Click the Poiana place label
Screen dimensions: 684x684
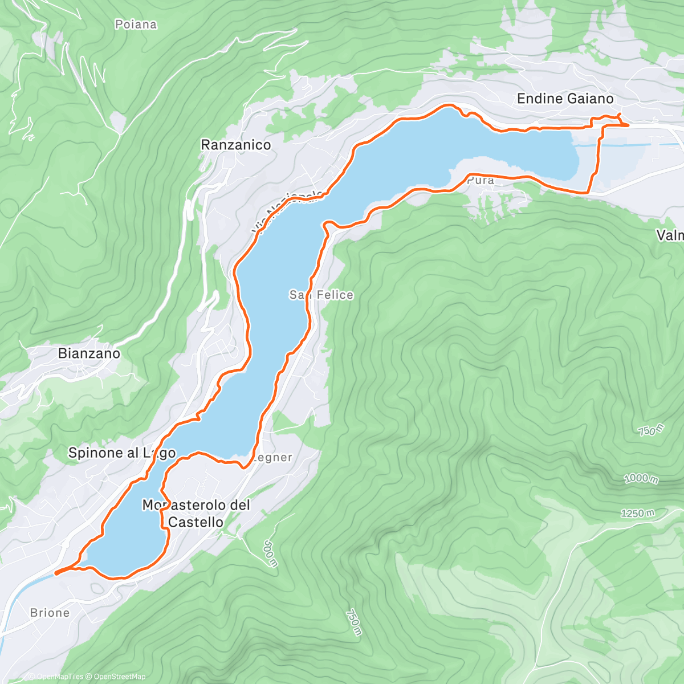coord(136,25)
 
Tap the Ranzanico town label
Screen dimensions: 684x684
coord(236,145)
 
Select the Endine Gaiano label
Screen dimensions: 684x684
coord(565,99)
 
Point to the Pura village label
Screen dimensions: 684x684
coord(480,181)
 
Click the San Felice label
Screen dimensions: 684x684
coord(321,295)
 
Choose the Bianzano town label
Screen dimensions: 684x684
coord(89,353)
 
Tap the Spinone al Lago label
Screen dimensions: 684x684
coord(121,453)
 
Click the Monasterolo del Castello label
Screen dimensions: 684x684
coord(196,514)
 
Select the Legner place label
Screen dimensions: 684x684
coord(272,458)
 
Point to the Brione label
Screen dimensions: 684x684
coord(50,613)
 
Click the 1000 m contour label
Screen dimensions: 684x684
coord(641,478)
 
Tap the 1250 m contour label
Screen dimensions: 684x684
coord(637,514)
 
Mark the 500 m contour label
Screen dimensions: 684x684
coord(270,553)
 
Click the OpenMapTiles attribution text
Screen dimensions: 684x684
coord(59,677)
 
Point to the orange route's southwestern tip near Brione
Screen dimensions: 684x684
coord(56,572)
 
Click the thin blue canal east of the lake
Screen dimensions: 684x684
coord(616,145)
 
